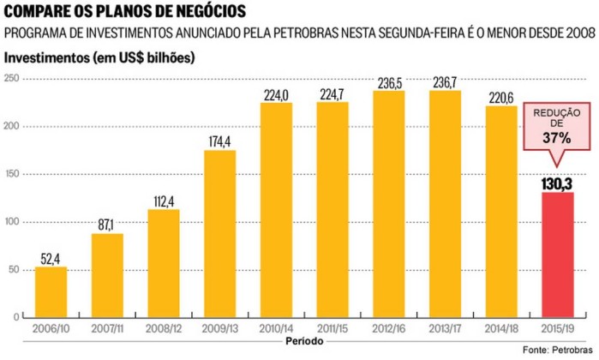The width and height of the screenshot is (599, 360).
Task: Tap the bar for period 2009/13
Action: pos(220,233)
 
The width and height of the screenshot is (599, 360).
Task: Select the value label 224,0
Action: pos(276,94)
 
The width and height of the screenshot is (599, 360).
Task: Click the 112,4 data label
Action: pos(164,201)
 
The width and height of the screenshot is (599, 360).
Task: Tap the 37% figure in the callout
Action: pos(558,137)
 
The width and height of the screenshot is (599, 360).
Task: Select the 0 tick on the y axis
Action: pos(16,317)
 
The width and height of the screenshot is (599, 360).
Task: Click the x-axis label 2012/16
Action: pos(389,329)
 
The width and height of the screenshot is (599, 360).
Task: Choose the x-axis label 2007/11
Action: pos(107,329)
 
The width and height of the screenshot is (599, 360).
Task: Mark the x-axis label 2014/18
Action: pos(501,329)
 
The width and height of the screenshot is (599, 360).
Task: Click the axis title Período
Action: pos(302,342)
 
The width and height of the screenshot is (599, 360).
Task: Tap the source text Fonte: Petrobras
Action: pos(557,350)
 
